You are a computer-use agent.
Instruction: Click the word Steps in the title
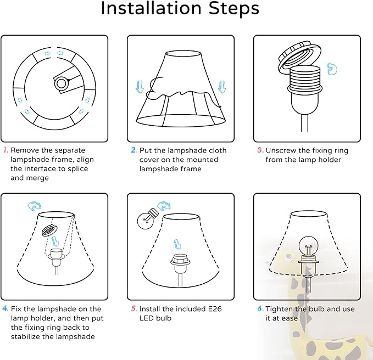click(x=234, y=9)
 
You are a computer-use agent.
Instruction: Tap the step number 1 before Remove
click(x=5, y=150)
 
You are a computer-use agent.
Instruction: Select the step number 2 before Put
click(x=134, y=150)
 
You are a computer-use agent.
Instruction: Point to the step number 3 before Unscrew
click(x=260, y=150)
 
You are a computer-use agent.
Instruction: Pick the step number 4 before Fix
click(x=5, y=308)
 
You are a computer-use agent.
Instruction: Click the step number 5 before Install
click(x=134, y=308)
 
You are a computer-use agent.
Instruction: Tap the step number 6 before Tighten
click(x=260, y=308)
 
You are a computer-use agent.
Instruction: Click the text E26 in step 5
click(x=215, y=308)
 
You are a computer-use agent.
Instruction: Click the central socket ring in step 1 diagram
click(x=61, y=83)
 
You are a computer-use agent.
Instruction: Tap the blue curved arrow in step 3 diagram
click(x=332, y=69)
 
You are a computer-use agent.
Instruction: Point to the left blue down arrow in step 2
click(x=140, y=87)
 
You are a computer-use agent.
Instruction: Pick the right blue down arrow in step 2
click(x=222, y=87)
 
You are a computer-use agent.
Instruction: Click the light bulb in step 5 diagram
click(x=147, y=219)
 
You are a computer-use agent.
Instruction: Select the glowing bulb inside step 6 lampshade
click(x=308, y=246)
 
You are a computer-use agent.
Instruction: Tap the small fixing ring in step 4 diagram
click(x=49, y=230)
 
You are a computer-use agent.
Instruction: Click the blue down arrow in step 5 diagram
click(x=177, y=244)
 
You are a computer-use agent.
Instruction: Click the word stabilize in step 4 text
click(x=26, y=336)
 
